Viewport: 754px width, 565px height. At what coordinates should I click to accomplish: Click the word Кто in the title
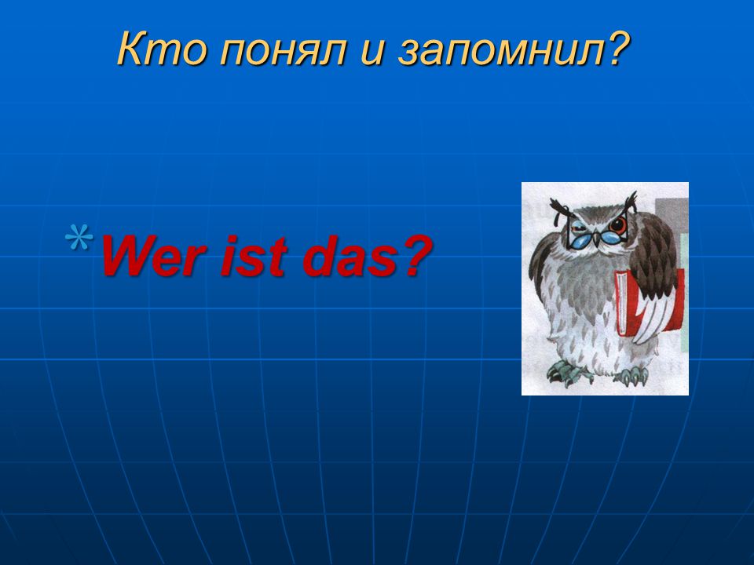[x=161, y=49]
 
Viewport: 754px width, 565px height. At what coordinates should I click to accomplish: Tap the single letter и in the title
[x=372, y=53]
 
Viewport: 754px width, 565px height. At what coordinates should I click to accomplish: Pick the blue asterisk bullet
[x=79, y=237]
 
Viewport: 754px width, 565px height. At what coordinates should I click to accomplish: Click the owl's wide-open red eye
[x=617, y=224]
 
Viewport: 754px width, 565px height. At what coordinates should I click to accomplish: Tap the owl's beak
[x=597, y=238]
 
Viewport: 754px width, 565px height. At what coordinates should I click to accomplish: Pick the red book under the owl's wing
[x=650, y=303]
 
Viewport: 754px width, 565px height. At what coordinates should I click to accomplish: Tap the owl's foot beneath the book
[x=631, y=375]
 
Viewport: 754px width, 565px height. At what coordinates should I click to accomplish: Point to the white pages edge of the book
[x=621, y=304]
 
